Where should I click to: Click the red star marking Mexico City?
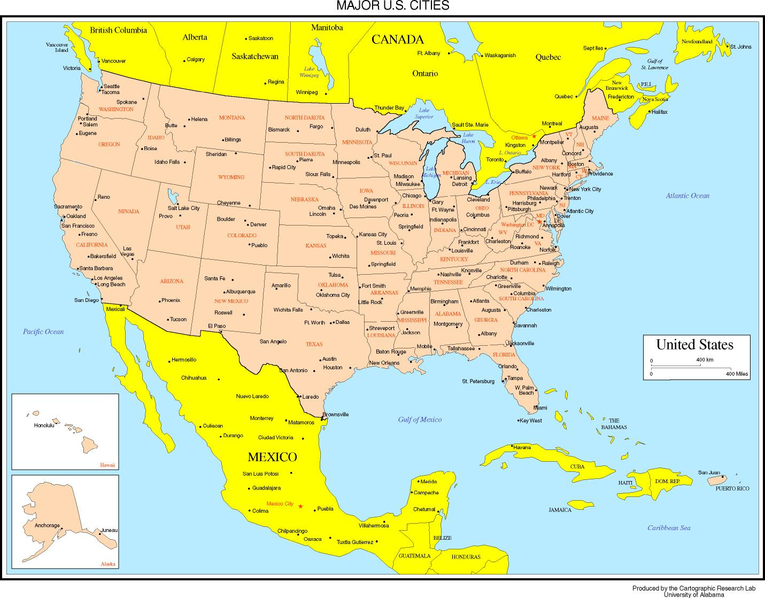pos(300,506)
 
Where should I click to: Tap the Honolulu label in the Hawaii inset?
pos(44,425)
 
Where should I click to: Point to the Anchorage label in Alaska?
pos(47,525)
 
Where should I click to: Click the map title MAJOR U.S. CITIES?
pos(392,6)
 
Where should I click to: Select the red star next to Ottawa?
pos(534,136)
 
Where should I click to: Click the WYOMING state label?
pos(231,177)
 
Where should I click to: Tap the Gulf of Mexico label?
pos(420,420)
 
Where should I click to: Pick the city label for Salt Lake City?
pos(183,208)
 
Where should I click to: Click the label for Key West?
pos(531,421)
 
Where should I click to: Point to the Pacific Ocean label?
pos(43,331)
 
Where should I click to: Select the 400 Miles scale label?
pos(737,374)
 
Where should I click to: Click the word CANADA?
pos(397,39)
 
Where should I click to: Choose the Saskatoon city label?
pos(261,38)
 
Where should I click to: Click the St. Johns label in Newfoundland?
pos(740,46)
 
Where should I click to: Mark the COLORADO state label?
pos(242,235)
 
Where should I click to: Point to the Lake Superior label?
pos(424,113)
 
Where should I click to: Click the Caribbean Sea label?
pos(669,528)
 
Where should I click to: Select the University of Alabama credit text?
pos(693,594)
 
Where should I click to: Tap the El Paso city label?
pos(217,325)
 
